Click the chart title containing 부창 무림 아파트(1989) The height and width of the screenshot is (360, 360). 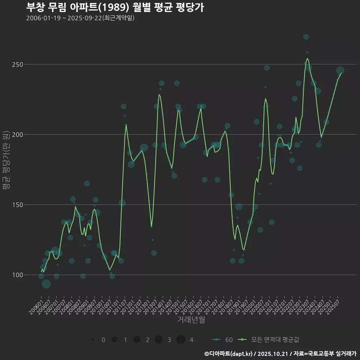click(x=115, y=7)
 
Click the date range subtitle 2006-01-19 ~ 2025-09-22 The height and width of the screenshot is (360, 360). click(x=80, y=18)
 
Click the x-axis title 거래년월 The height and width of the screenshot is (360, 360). click(x=191, y=320)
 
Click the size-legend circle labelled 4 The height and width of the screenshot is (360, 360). click(x=181, y=340)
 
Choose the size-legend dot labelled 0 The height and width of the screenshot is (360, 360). click(x=92, y=340)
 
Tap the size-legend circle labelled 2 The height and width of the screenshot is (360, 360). click(x=136, y=340)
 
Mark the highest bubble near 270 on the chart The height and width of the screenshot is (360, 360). click(x=306, y=37)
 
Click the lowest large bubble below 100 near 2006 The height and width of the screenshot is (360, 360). click(x=46, y=284)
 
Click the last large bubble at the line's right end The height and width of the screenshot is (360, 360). click(x=340, y=70)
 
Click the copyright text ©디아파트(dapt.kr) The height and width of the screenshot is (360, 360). click(x=229, y=354)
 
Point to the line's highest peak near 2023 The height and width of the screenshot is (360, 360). click(x=307, y=58)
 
